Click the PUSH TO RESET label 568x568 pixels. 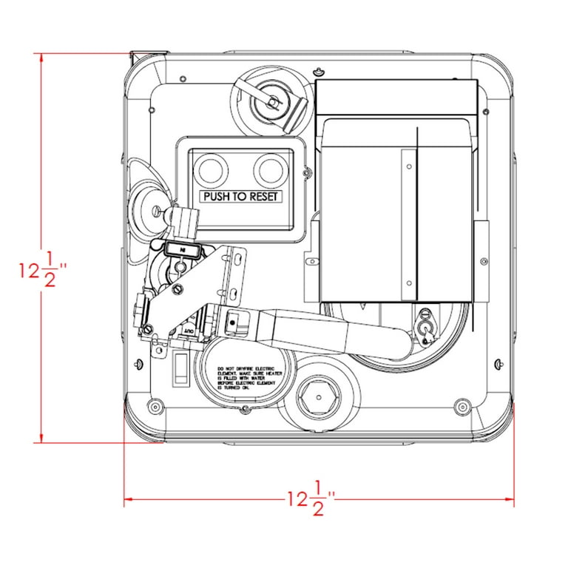coord(246,197)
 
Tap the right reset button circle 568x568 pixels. coord(269,169)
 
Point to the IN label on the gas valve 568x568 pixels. coord(181,251)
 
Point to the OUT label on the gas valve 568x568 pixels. coord(188,323)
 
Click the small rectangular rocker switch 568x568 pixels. coord(180,369)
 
